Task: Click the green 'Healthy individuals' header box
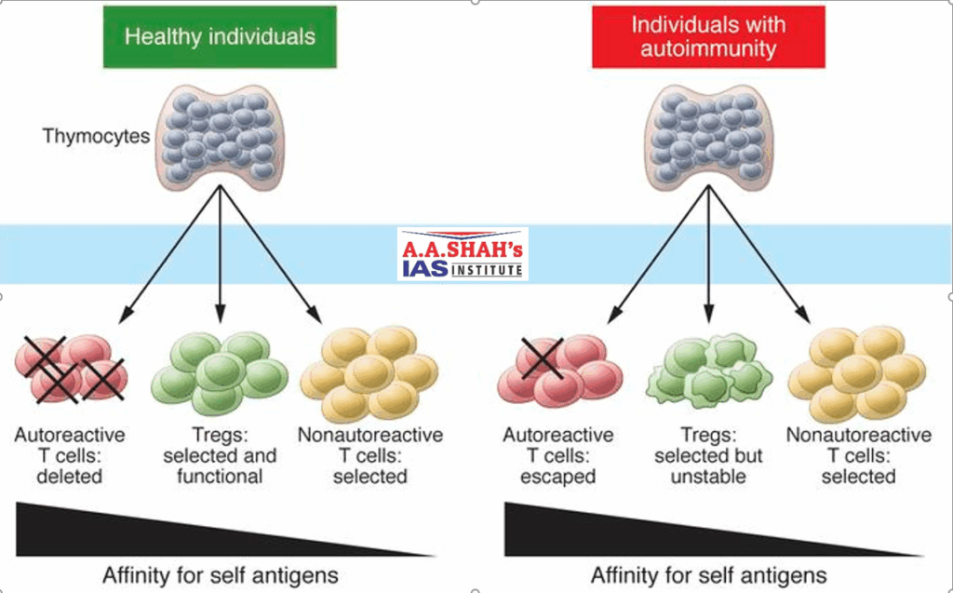click(220, 37)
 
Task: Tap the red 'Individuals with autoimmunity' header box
click(708, 37)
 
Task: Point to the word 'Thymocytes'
click(96, 136)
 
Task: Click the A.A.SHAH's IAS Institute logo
click(463, 254)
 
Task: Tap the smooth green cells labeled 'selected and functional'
click(220, 372)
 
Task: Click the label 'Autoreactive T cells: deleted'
click(70, 456)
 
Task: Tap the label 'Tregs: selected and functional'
click(220, 456)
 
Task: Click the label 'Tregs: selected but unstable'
click(708, 456)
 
